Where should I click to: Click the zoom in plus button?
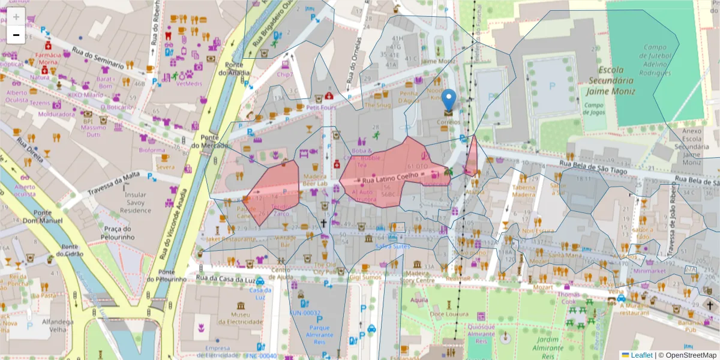tap(16, 16)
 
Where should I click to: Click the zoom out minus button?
tap(16, 35)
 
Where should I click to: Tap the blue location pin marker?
tap(449, 100)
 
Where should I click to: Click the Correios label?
tap(449, 122)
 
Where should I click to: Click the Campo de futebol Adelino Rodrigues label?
tap(655, 60)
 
